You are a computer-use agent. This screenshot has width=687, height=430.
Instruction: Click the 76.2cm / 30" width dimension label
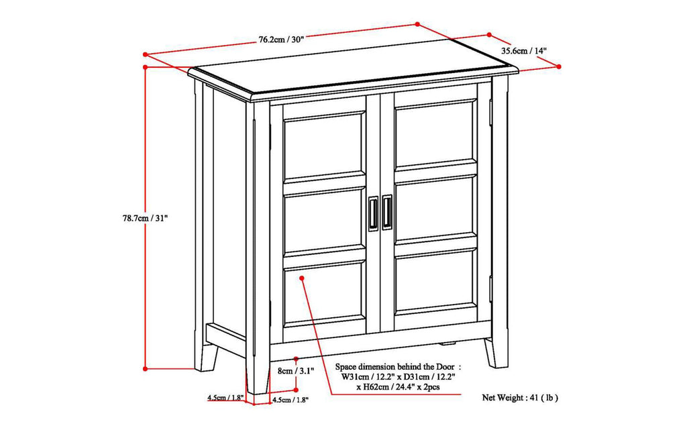pos(281,39)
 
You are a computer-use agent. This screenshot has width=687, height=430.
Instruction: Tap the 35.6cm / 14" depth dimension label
pos(524,50)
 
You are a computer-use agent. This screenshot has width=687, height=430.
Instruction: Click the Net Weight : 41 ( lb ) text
pos(520,398)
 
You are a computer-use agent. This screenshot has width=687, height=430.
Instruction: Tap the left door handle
pos(372,215)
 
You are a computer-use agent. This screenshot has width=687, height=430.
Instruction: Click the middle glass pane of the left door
pos(324,223)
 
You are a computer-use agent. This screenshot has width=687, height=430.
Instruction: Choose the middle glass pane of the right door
pos(435,209)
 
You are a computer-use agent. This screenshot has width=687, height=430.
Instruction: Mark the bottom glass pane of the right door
pos(435,282)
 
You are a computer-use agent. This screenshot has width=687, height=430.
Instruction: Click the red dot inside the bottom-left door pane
pos(303,276)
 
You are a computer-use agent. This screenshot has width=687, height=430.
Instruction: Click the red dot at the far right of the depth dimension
pos(560,66)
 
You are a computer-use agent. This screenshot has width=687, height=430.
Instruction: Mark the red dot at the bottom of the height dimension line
pos(145,368)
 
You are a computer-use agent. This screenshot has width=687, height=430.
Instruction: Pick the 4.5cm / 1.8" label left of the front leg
pos(225,398)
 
